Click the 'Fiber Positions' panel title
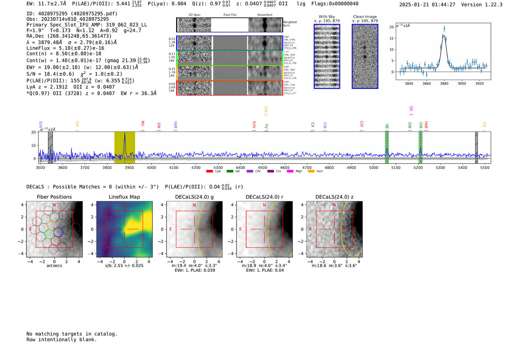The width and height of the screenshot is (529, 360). click(54, 197)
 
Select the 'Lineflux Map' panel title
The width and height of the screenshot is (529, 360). click(124, 197)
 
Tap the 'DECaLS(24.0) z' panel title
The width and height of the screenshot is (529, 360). click(334, 197)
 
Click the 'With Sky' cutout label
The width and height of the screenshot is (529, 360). click(327, 17)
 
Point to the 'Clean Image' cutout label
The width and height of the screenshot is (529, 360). click(365, 17)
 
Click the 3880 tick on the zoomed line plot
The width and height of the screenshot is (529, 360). click(444, 83)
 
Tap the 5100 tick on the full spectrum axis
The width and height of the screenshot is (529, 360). click(396, 167)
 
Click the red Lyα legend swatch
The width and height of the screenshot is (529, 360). click(209, 172)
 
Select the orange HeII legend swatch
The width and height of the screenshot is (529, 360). click(311, 172)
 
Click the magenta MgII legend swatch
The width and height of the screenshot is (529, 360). click(290, 172)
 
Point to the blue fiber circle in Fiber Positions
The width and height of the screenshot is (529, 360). click(58, 232)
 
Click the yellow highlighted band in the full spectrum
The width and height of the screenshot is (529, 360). click(125, 147)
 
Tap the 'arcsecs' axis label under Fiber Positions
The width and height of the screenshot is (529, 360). click(54, 266)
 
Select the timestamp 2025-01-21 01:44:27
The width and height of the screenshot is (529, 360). click(427, 5)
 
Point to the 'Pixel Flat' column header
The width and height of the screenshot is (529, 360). click(230, 15)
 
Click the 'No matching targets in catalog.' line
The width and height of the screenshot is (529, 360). click(72, 334)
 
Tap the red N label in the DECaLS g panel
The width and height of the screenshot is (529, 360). click(194, 205)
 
